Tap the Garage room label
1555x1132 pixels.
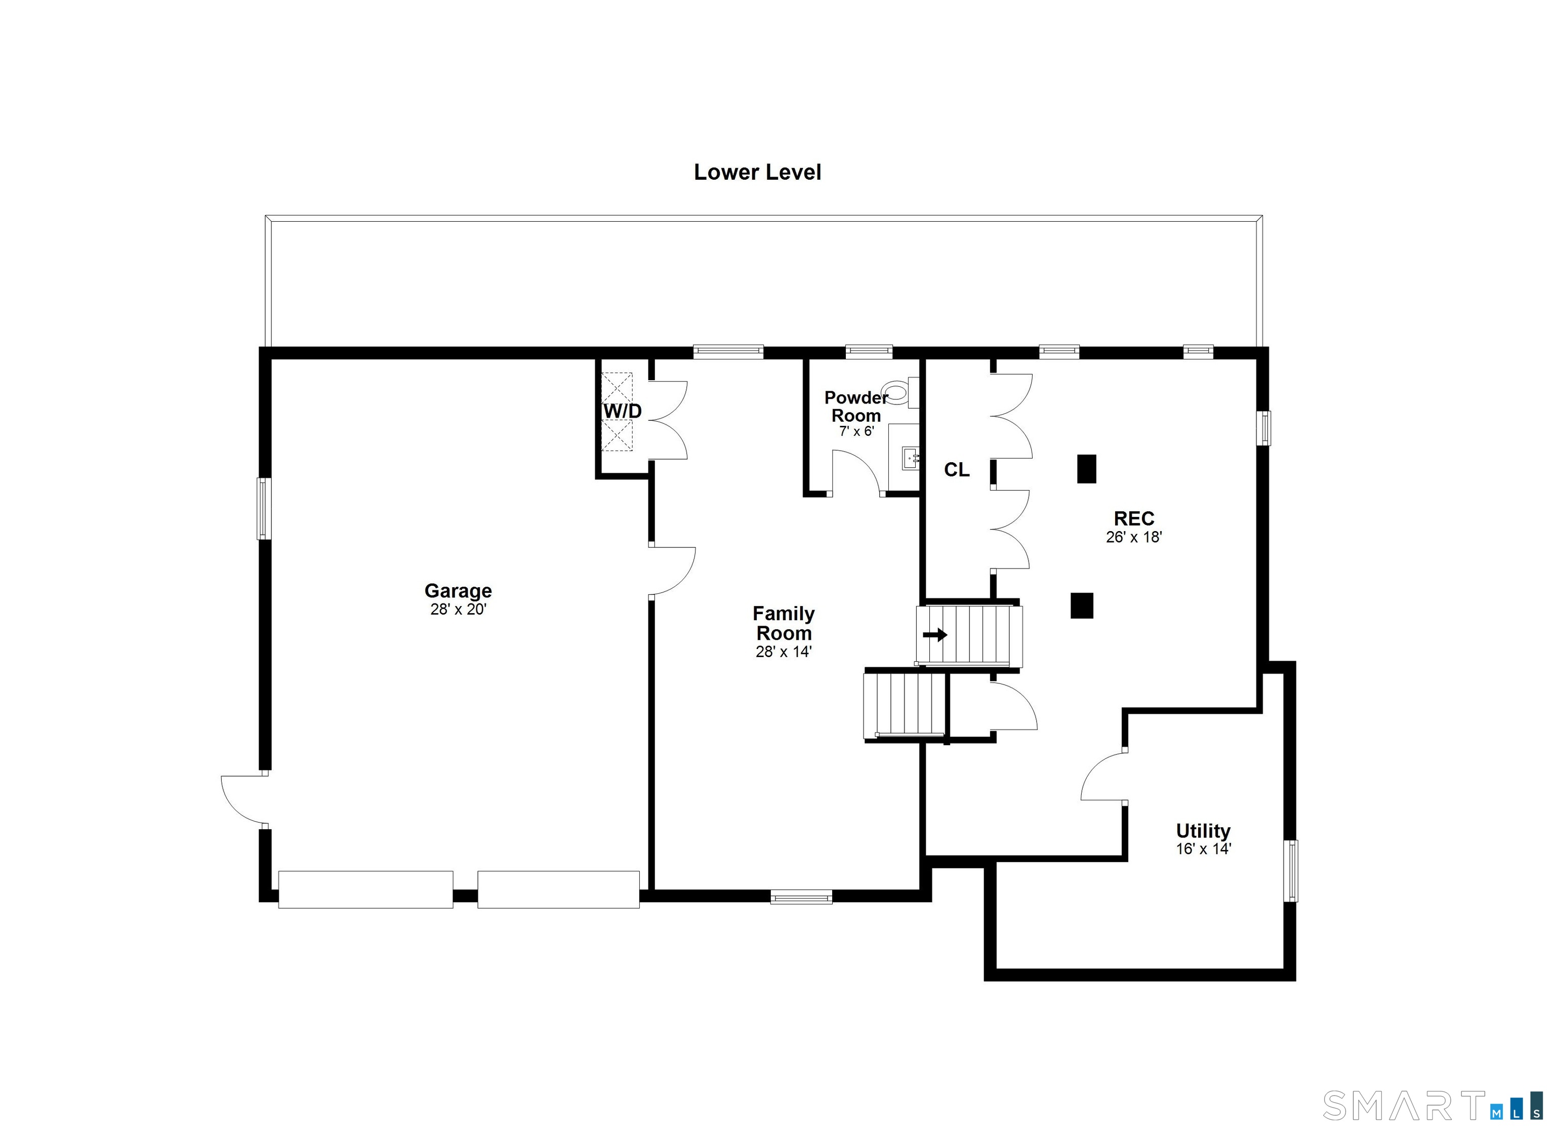(x=458, y=590)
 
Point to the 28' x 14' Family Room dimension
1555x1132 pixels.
(x=784, y=652)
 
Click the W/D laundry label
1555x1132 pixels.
(x=623, y=411)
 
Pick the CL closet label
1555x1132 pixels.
(x=957, y=470)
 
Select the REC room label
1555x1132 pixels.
(x=1134, y=518)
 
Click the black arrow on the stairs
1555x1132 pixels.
(x=934, y=635)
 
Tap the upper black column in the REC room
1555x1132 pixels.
(x=1087, y=469)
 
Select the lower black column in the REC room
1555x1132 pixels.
(x=1082, y=605)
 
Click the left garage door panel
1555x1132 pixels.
(x=365, y=890)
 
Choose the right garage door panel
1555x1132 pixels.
(x=559, y=890)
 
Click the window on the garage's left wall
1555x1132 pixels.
(x=264, y=508)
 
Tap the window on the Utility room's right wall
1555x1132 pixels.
(x=1290, y=871)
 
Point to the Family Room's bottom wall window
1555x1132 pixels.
(x=801, y=896)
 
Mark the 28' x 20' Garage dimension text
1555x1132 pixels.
(x=458, y=609)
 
